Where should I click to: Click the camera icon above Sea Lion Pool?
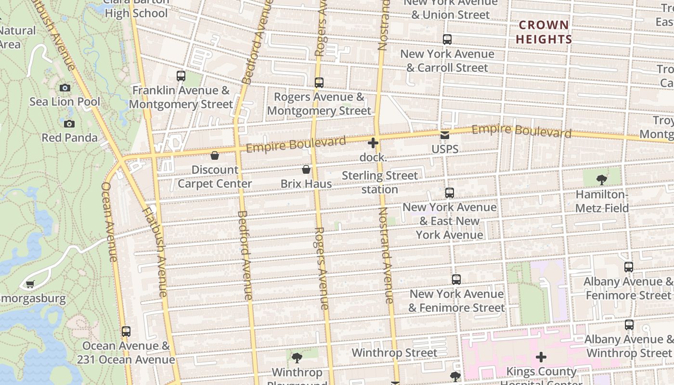[65, 88]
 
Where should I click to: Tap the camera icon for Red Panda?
[69, 124]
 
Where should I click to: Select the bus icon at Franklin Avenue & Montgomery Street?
[181, 76]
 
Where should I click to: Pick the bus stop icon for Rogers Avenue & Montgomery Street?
[319, 83]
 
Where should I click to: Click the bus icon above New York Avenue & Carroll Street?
[447, 39]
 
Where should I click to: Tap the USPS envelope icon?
[445, 135]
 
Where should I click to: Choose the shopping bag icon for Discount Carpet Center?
[215, 155]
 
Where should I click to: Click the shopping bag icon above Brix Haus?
[306, 169]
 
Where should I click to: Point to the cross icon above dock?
[373, 143]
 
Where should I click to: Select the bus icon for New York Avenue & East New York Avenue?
[450, 193]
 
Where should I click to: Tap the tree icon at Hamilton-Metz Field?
[601, 180]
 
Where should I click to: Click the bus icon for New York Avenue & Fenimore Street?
[456, 280]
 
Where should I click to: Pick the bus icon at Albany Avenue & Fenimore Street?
[629, 267]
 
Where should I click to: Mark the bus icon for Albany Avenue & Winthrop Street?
[629, 325]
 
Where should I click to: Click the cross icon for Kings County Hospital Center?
[541, 357]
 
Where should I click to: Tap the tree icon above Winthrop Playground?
[297, 358]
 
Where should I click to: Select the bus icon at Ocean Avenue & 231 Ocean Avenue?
[126, 332]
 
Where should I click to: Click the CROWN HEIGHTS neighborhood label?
[544, 32]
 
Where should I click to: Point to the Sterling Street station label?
[380, 182]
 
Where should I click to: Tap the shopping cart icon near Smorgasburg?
[30, 284]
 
